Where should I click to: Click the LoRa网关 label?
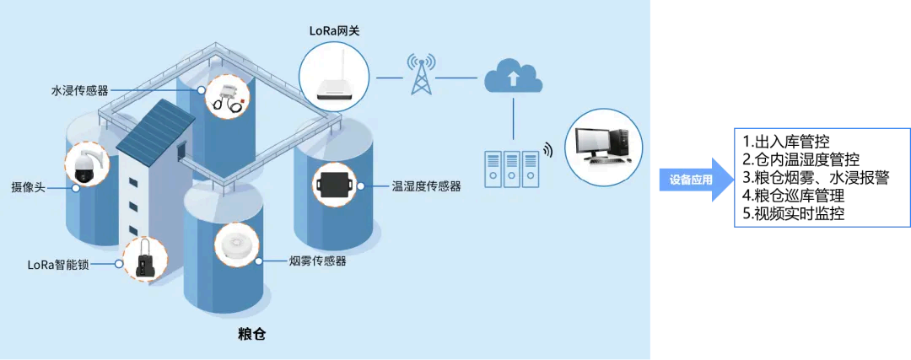click(334, 30)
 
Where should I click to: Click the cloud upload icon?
click(514, 77)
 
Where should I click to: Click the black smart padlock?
click(142, 259)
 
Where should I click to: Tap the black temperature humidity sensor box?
click(335, 184)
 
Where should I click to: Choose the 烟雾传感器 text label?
click(317, 261)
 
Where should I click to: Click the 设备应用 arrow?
click(694, 180)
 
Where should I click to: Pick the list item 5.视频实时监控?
click(793, 213)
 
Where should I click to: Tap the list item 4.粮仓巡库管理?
click(793, 195)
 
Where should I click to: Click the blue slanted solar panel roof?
click(156, 126)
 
